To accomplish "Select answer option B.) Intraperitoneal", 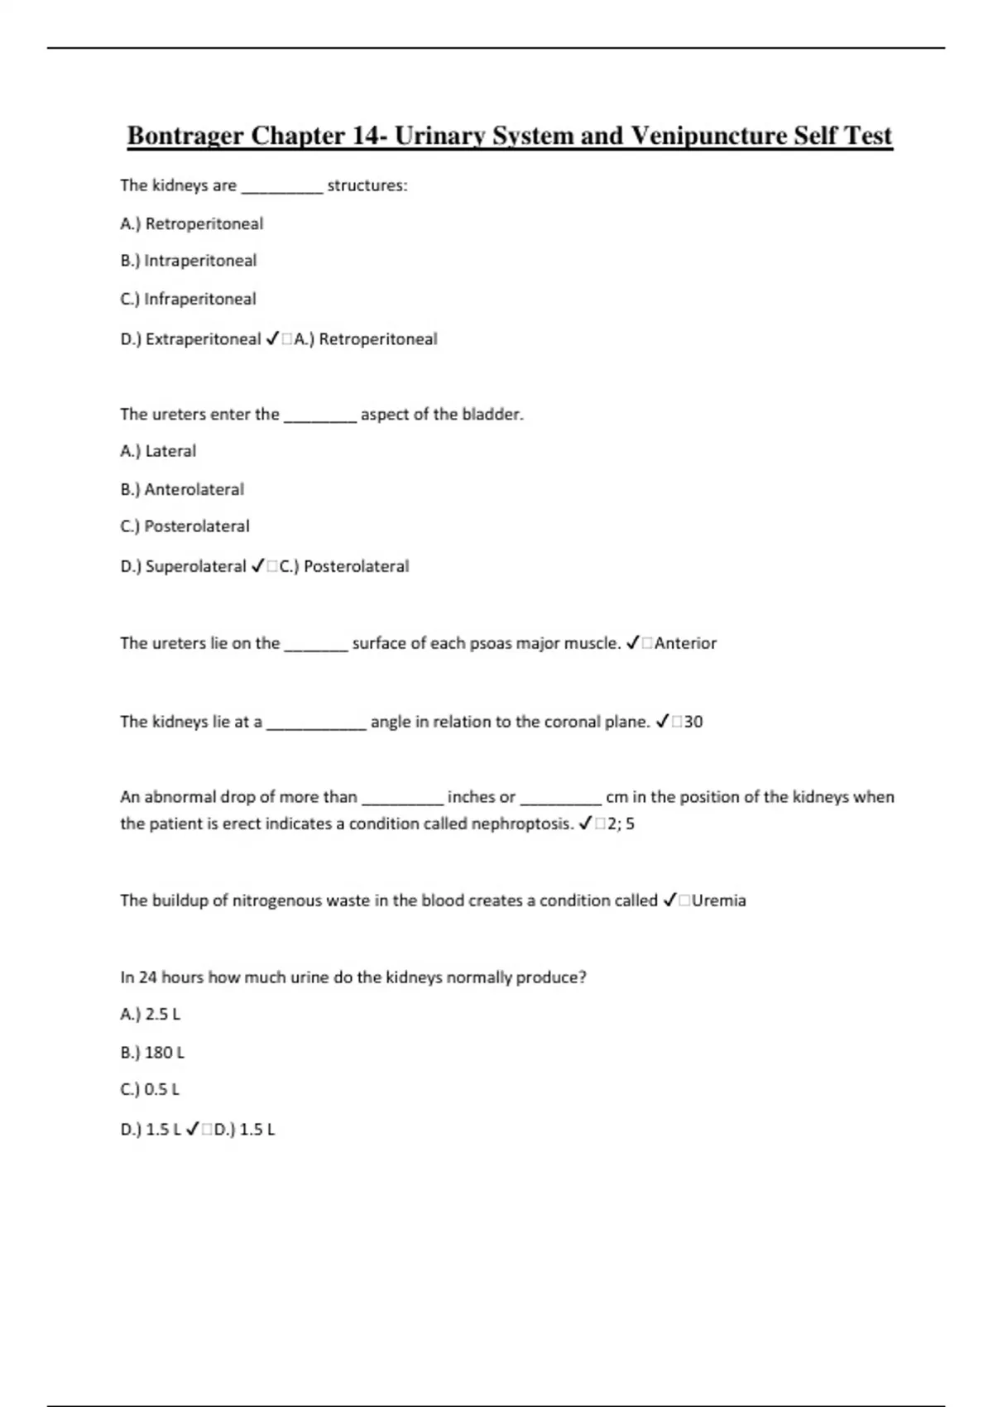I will pyautogui.click(x=189, y=261).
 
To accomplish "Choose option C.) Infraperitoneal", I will pyautogui.click(x=188, y=299).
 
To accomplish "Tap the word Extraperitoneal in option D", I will pyautogui.click(x=203, y=339).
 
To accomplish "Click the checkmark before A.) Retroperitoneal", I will pyautogui.click(x=272, y=339).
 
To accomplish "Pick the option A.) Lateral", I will pyautogui.click(x=158, y=451).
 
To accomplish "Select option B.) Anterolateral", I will pyautogui.click(x=182, y=489).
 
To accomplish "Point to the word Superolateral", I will pyautogui.click(x=195, y=566).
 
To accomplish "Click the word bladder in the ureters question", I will pyautogui.click(x=492, y=414).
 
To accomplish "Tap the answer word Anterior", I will pyautogui.click(x=685, y=643).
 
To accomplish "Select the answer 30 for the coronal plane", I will pyautogui.click(x=693, y=722).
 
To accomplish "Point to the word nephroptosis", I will pyautogui.click(x=521, y=824).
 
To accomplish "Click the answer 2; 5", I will pyautogui.click(x=621, y=824).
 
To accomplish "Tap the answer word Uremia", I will pyautogui.click(x=718, y=900).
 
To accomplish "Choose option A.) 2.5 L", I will pyautogui.click(x=151, y=1014).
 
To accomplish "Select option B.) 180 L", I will pyautogui.click(x=152, y=1052).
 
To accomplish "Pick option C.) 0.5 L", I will pyautogui.click(x=150, y=1089).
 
